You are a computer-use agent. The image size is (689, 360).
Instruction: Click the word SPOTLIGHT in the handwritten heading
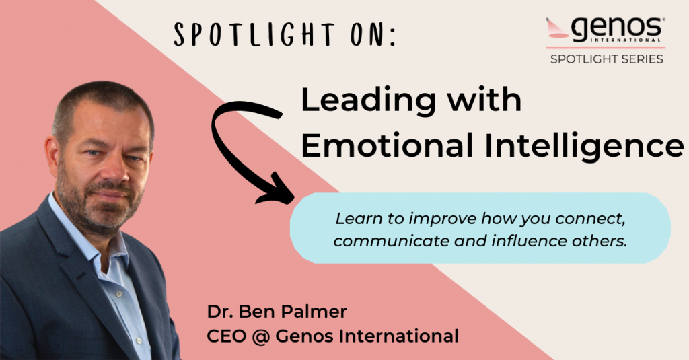(x=254, y=34)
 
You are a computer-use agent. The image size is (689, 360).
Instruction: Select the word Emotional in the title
(x=387, y=145)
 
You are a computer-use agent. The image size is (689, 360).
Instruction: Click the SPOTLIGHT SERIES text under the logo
(x=606, y=59)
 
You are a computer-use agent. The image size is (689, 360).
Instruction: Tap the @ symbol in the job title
(x=261, y=336)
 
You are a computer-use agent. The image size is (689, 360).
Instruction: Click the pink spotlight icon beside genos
(x=557, y=28)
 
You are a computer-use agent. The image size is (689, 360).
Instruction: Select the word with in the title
(x=484, y=100)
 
